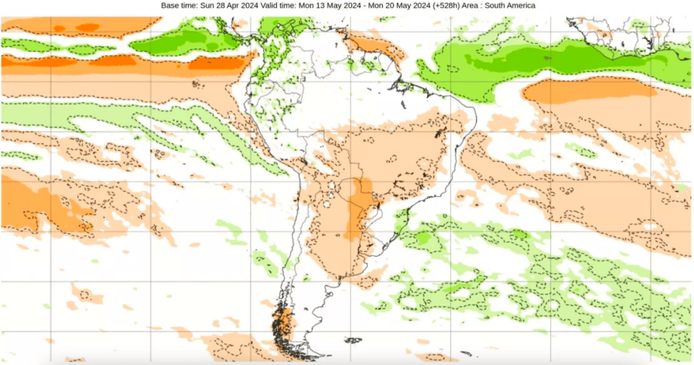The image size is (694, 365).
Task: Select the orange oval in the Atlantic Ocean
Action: click(587, 91)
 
